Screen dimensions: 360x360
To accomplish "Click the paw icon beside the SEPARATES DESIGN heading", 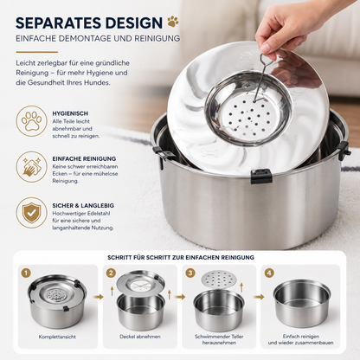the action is coord(173,22).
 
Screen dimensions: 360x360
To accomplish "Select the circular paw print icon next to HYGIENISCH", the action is coord(31,121).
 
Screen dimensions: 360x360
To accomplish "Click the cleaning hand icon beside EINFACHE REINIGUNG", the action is coord(31,167).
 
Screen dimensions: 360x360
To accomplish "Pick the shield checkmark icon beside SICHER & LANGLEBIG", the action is coord(31,213).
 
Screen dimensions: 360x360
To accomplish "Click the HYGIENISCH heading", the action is coord(70,113).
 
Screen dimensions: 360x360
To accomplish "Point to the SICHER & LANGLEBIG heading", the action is coord(83,206).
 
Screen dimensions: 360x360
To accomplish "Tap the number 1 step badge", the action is coord(26,273).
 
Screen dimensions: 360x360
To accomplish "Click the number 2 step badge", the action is coord(111,273).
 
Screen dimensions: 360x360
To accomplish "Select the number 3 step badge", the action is coord(190,273).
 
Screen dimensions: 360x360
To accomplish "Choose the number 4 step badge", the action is coord(269,273).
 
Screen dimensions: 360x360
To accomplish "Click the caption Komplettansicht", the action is coord(57,337).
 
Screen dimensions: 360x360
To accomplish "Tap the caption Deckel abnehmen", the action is coord(140,337).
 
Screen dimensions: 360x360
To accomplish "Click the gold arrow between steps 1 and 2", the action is coord(100,297).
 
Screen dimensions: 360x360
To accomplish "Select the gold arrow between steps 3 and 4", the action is coord(260,297).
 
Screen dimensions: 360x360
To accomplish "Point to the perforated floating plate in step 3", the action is coord(219,279).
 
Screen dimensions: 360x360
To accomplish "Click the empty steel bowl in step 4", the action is coord(302,302).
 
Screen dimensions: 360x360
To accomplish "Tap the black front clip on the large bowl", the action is coord(261,177).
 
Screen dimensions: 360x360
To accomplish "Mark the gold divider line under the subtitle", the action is coord(37,52).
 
